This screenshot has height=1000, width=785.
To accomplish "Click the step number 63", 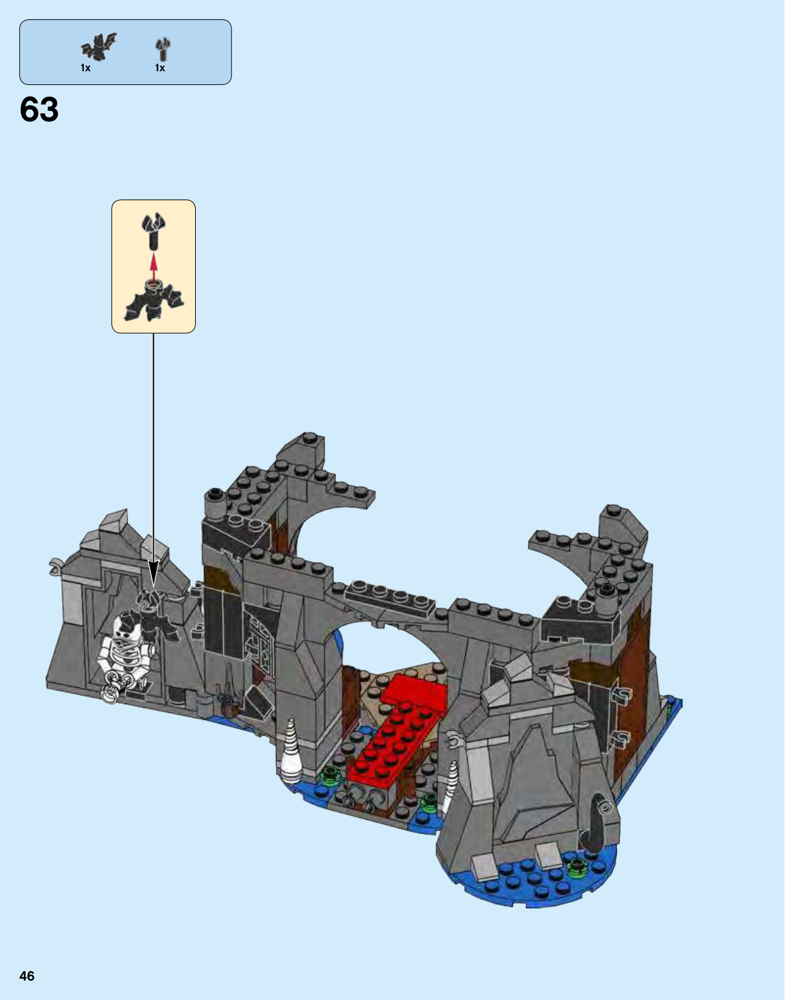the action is pos(39,110).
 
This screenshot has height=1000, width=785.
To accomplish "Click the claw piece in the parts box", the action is pos(162,49).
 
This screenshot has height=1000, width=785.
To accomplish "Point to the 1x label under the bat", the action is pos(86,68).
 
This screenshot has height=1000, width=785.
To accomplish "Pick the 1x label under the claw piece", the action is pos(160,68).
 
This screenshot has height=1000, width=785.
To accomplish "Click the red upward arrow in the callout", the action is pos(154,267).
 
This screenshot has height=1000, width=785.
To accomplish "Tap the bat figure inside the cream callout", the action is pos(154,301).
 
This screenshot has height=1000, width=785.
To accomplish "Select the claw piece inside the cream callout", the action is pos(154,231).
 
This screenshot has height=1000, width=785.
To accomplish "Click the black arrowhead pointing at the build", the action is pos(153,575).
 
